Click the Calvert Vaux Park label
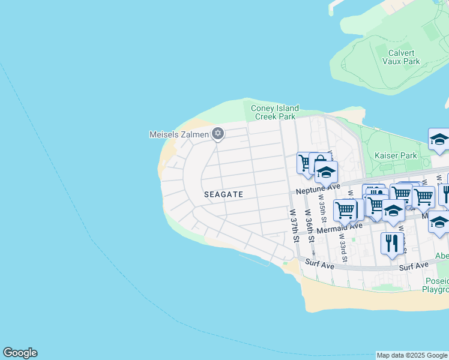[x=402, y=56]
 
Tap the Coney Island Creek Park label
[x=274, y=112]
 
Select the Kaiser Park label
[x=396, y=155]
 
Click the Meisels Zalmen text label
[x=179, y=134]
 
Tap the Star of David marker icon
[x=218, y=134]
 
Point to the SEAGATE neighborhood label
[x=223, y=194]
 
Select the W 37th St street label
[x=295, y=225]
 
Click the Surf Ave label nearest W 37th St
[x=319, y=263]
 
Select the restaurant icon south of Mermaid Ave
[x=392, y=243]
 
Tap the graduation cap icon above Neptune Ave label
[x=326, y=172]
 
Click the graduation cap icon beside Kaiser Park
[x=439, y=140]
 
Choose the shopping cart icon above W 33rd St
[x=345, y=210]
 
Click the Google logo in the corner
[x=20, y=353]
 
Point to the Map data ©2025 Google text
[x=412, y=355]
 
